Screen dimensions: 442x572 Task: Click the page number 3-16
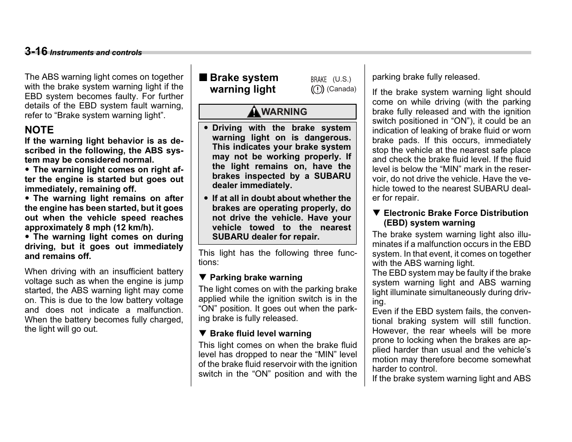(x=36, y=51)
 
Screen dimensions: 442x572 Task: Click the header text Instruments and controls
(x=96, y=53)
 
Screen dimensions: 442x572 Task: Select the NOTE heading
(x=39, y=130)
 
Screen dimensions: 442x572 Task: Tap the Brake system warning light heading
(x=244, y=83)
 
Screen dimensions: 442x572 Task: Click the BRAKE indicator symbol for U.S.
(x=319, y=79)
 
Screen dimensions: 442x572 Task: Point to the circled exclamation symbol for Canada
(x=317, y=89)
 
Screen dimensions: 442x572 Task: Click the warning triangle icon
(x=253, y=112)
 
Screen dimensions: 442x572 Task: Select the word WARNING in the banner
(x=284, y=112)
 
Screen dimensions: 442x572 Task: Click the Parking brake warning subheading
(x=256, y=278)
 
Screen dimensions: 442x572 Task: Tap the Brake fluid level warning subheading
(x=260, y=334)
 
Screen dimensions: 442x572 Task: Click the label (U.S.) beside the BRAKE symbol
(x=342, y=79)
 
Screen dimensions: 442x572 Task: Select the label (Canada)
(x=341, y=89)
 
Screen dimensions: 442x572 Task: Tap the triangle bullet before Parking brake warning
(x=202, y=278)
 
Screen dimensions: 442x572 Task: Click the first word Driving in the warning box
(x=227, y=128)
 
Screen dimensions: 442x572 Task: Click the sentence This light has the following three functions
(x=277, y=257)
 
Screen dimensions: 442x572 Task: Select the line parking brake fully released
(x=426, y=77)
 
